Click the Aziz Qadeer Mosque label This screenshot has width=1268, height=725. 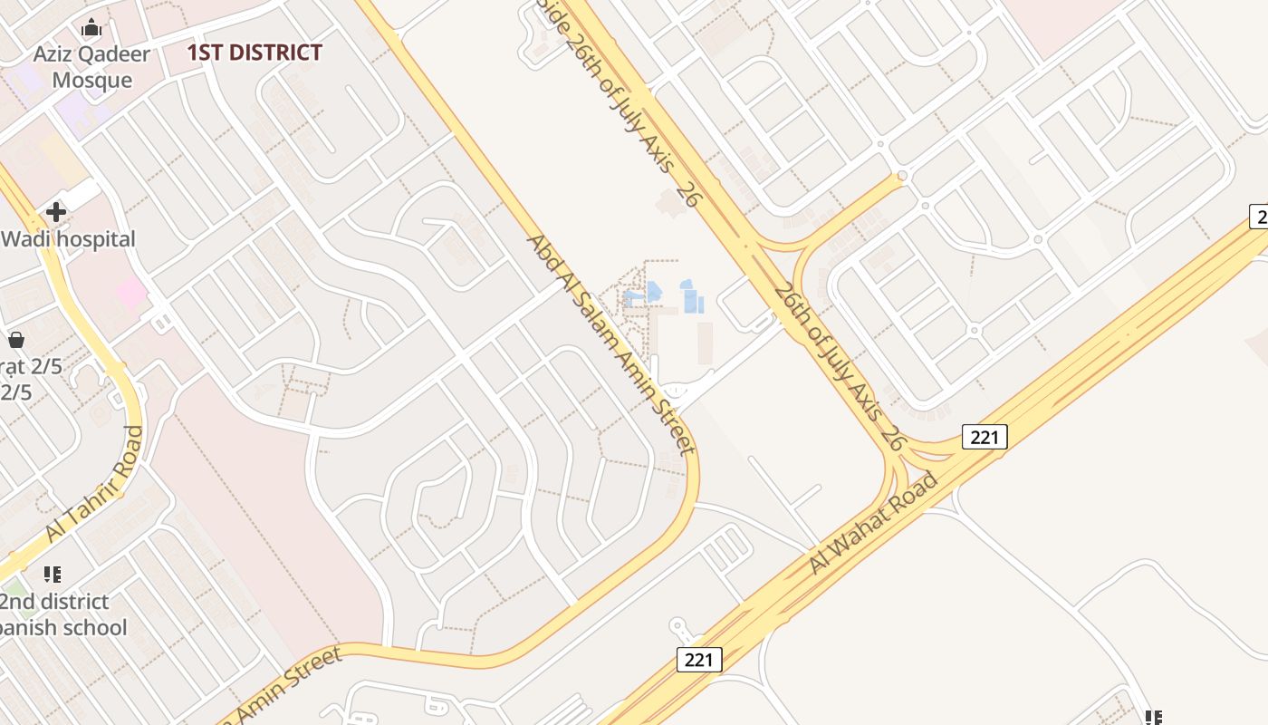point(91,67)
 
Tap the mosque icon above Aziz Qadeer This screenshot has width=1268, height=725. point(91,29)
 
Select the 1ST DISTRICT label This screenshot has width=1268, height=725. point(255,53)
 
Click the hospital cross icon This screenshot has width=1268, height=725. point(56,212)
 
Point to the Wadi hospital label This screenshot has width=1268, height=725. point(68,239)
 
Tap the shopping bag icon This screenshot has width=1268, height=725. point(15,340)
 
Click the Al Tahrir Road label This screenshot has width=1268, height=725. point(94,485)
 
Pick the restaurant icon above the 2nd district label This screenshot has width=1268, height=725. point(53,574)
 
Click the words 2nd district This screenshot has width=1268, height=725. point(54,602)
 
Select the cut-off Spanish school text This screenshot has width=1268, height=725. point(63,627)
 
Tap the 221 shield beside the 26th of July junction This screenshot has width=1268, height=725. point(984,438)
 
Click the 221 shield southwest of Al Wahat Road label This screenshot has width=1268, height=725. point(699,660)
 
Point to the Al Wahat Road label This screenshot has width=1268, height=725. point(873,523)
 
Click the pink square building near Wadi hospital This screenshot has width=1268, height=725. point(131,293)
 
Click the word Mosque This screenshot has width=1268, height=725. point(91,80)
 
